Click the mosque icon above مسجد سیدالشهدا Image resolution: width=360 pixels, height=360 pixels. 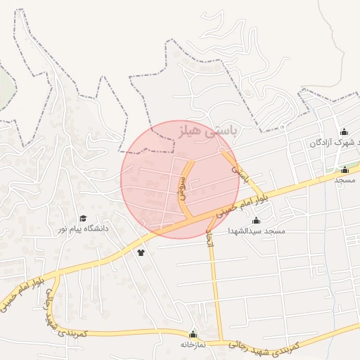pos(256,221)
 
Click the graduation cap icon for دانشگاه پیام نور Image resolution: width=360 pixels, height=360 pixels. pos(83,219)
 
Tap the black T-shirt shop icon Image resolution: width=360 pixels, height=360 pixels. pos(141,252)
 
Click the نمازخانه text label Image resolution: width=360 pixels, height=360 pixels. pos(191,345)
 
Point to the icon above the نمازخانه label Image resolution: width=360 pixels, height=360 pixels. pos(193,334)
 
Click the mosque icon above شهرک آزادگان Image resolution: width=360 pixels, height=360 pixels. pos(344,132)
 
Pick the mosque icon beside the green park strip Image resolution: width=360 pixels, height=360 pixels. pos(345,169)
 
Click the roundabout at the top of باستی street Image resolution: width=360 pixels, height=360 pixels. pos(222,150)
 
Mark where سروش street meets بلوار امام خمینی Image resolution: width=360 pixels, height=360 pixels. pos(187,218)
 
